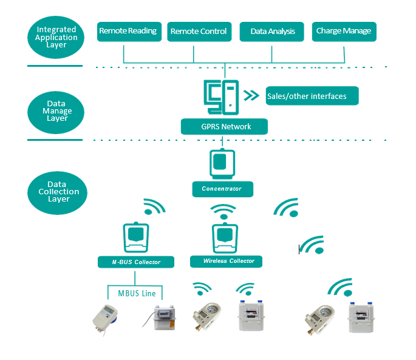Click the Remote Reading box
pos(128,31)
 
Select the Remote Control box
pos(198,32)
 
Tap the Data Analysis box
pos(273,32)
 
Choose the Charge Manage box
pos(343,32)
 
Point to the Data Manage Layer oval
pos(56,111)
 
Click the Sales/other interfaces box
pos(312,96)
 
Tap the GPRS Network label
pos(225,127)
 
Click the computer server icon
pos(220,96)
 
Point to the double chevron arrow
pos(250,95)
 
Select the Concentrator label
pos(222,189)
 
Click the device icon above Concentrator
pos(222,163)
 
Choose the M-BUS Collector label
pos(136,262)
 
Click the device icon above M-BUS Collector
pos(136,237)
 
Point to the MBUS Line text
pos(137,294)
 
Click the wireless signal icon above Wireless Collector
pos(223,212)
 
